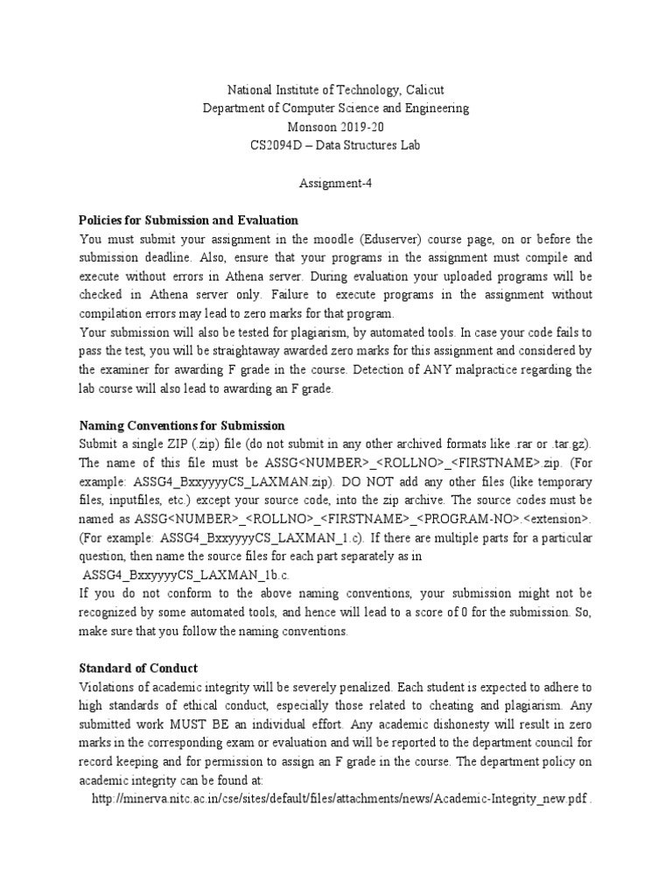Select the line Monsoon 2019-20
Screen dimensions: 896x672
pos(336,126)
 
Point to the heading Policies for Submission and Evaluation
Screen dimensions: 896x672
pos(188,220)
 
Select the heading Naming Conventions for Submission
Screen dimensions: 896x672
pos(182,425)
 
